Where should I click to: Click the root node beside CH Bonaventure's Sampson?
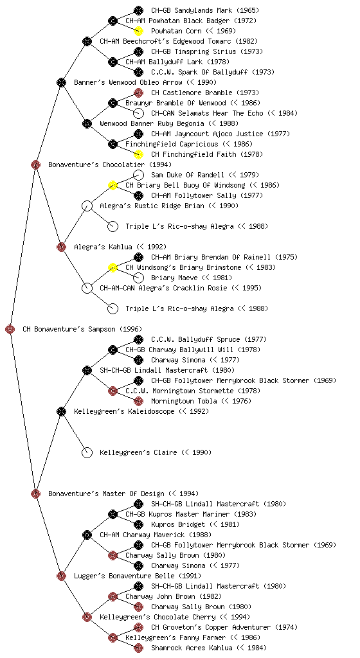pyautogui.click(x=10, y=329)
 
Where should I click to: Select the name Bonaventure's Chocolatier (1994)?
pyautogui.click(x=109, y=164)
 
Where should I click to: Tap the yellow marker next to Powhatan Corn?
pyautogui.click(x=138, y=31)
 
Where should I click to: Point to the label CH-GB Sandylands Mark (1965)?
pyautogui.click(x=205, y=10)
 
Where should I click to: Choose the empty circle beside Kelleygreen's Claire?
pyautogui.click(x=87, y=452)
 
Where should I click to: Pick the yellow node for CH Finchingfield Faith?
pyautogui.click(x=138, y=154)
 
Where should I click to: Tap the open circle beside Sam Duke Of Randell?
pyautogui.click(x=138, y=175)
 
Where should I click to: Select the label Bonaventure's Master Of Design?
pyautogui.click(x=106, y=493)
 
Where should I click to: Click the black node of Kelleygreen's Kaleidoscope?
pyautogui.click(x=61, y=411)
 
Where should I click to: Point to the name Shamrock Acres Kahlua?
pyautogui.click(x=190, y=648)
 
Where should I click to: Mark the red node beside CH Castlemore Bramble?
pyautogui.click(x=138, y=93)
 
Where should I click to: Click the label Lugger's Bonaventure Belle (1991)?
pyautogui.click(x=137, y=576)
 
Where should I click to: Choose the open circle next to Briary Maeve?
pyautogui.click(x=138, y=278)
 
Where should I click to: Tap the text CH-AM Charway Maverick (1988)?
pyautogui.click(x=155, y=535)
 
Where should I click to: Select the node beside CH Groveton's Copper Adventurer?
pyautogui.click(x=138, y=627)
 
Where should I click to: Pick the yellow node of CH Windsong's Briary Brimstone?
pyautogui.click(x=113, y=267)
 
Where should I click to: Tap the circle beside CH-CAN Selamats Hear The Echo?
pyautogui.click(x=138, y=113)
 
